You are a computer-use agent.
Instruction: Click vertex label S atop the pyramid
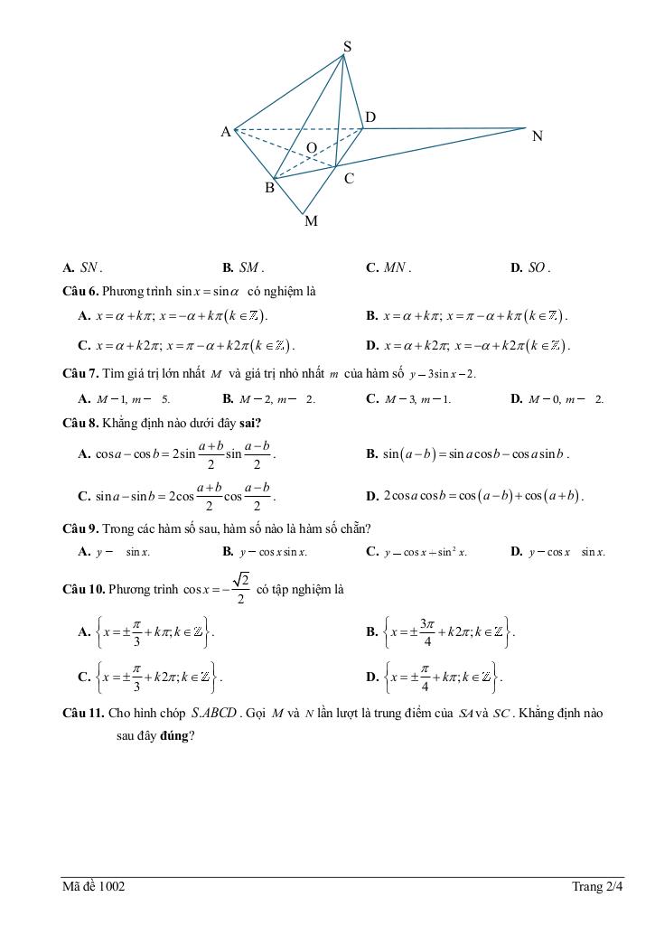[348, 46]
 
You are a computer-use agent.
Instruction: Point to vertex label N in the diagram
[538, 136]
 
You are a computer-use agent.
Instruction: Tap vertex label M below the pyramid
[311, 220]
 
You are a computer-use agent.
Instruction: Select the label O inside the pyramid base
[311, 147]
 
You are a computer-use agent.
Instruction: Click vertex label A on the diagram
[226, 132]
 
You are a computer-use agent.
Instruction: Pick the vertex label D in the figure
[370, 117]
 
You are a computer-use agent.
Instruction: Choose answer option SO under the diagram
[537, 267]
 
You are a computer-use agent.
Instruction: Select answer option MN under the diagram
[396, 267]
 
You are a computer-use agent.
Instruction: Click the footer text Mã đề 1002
[94, 887]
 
